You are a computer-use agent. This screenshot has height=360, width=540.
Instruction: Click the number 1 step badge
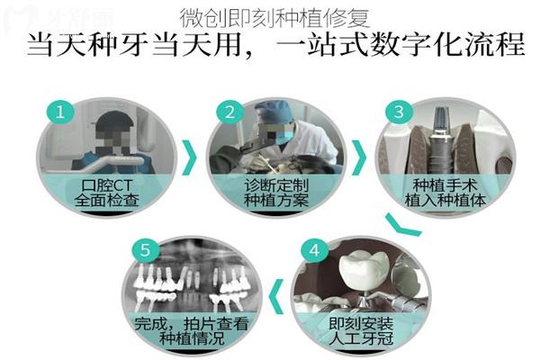point(60,112)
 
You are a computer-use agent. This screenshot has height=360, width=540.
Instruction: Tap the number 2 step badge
point(230,112)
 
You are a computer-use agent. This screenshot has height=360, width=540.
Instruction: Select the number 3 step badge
point(399,112)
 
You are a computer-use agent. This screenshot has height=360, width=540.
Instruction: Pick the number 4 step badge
point(314,250)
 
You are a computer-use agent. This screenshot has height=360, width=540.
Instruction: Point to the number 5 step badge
point(145,250)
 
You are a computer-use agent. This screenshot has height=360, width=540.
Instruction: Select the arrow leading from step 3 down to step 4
point(402,226)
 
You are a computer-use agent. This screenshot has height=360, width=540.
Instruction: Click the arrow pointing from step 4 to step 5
point(277,297)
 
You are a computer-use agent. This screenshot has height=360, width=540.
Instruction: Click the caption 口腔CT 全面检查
point(107,193)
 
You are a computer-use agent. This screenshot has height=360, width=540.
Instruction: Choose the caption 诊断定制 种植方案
point(276,193)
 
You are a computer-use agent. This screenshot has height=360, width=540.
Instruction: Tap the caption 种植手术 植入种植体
point(445,193)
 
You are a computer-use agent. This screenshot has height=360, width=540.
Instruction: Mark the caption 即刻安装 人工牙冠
point(361,331)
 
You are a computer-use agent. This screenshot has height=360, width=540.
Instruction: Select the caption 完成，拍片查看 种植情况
point(192,331)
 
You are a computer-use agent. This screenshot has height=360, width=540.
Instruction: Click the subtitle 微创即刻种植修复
point(274,18)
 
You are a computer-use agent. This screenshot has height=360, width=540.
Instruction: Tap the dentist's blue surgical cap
point(274,111)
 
